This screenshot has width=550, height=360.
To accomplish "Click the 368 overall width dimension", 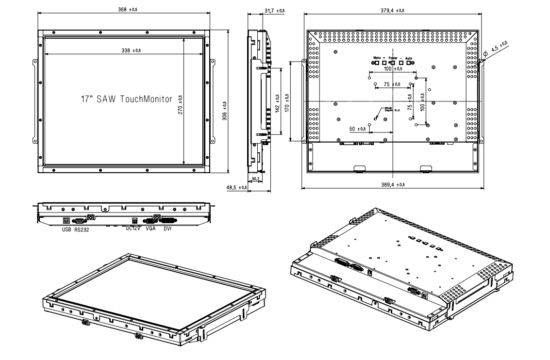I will pyautogui.click(x=128, y=9).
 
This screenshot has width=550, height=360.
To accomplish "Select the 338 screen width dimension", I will pyautogui.click(x=128, y=50).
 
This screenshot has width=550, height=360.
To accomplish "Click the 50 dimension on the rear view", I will pyautogui.click(x=357, y=129).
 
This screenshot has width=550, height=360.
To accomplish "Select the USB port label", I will pyautogui.click(x=67, y=230).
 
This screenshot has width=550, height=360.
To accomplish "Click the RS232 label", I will pyautogui.click(x=82, y=230).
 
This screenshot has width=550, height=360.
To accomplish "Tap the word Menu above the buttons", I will pyautogui.click(x=376, y=58).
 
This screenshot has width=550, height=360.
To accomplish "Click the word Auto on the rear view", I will pyautogui.click(x=409, y=58).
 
